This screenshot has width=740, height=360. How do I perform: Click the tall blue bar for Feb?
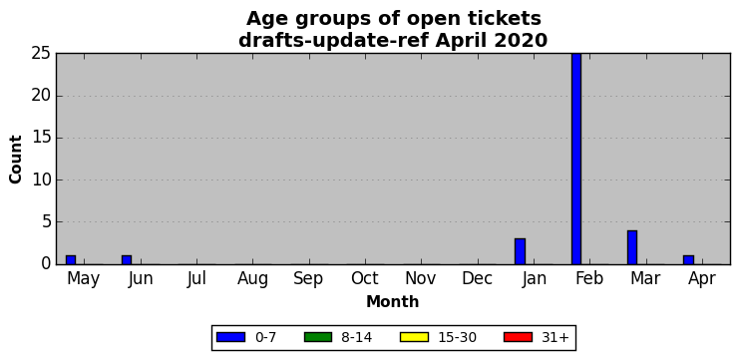click(x=576, y=159)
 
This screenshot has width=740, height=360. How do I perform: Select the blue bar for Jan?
click(x=520, y=251)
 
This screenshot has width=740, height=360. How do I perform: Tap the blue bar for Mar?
click(x=632, y=247)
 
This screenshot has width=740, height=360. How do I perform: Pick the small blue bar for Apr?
click(x=688, y=260)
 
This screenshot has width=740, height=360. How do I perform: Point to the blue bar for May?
click(x=71, y=260)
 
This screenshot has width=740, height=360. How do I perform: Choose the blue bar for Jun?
click(x=127, y=260)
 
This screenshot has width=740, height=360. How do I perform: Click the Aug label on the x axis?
click(x=252, y=279)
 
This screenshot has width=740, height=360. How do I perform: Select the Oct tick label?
click(x=365, y=279)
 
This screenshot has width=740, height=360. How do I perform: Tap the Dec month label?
click(x=477, y=279)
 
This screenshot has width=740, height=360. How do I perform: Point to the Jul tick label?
click(x=196, y=279)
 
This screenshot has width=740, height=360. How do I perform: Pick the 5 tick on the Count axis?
click(x=46, y=222)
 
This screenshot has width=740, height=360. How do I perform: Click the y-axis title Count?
click(x=16, y=159)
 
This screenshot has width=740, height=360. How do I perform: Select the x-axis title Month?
click(x=393, y=301)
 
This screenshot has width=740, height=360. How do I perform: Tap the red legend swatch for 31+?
click(x=518, y=337)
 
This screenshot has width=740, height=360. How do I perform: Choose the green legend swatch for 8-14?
click(x=318, y=337)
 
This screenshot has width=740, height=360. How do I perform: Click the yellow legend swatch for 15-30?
click(x=414, y=337)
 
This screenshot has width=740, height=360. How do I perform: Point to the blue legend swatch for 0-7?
click(x=230, y=337)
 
